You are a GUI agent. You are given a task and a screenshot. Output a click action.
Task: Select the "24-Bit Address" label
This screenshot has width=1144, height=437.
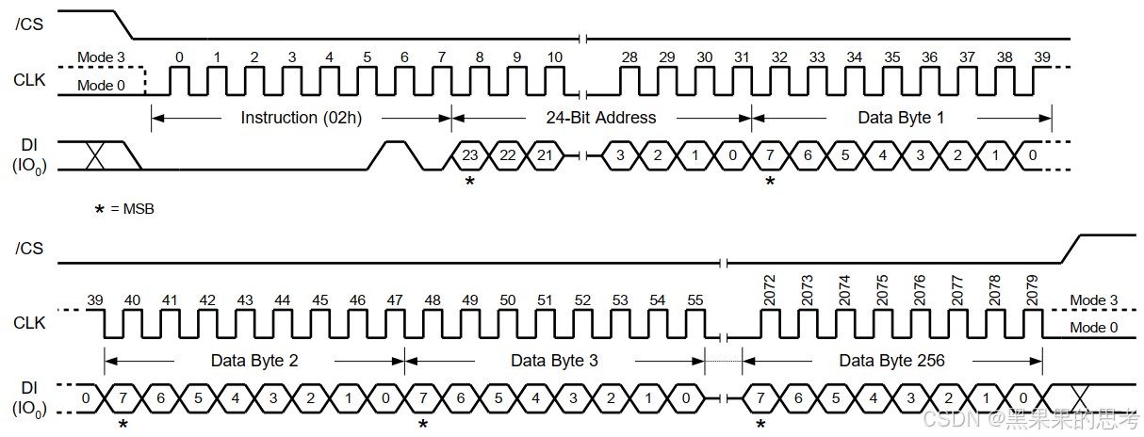pos(601,118)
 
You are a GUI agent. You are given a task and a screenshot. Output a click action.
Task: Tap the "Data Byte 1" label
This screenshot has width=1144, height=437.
pos(901,118)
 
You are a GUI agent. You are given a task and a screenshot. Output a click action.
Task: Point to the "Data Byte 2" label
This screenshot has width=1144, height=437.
pos(254,361)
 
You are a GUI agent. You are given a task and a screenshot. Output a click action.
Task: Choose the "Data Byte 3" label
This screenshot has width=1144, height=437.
pos(554,361)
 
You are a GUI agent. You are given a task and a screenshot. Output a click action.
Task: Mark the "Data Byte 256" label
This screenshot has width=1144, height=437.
pos(891,361)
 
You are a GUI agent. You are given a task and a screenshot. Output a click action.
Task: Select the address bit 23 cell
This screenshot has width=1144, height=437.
pos(470,155)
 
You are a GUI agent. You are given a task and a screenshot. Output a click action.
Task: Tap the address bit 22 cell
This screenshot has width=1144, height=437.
pos(508,155)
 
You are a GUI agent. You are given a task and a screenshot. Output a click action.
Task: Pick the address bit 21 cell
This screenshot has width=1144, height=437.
pos(545,155)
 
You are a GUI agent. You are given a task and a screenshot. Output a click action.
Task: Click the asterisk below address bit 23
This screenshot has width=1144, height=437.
pos(469,181)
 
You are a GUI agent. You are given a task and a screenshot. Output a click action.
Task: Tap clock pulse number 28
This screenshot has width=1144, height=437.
pos(629,57)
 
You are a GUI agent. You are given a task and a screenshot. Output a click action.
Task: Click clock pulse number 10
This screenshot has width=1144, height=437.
pos(555,57)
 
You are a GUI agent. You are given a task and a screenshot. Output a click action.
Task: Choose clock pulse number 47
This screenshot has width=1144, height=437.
pos(395,300)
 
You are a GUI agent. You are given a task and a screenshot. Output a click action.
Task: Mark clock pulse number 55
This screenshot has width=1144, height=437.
pos(695,300)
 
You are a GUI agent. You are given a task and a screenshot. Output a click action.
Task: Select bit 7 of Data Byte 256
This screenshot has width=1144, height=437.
pos(761,398)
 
